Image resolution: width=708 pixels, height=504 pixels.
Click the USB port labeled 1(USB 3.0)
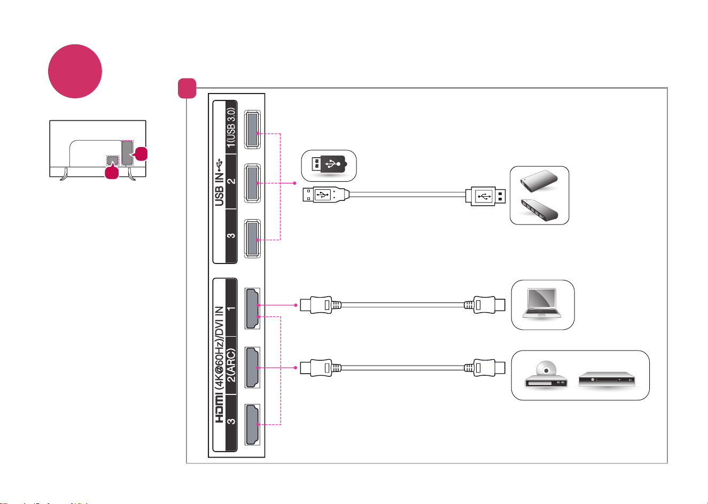[252, 129]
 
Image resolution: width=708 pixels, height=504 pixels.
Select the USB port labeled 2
[252, 183]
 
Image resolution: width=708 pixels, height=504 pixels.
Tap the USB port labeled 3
[252, 238]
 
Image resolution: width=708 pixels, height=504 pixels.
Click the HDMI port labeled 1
[252, 308]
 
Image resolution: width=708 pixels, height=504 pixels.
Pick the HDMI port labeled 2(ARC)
[252, 367]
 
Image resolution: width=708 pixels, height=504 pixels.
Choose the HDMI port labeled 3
[252, 425]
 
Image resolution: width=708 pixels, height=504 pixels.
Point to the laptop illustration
[542, 304]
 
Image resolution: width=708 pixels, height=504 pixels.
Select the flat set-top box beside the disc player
[607, 379]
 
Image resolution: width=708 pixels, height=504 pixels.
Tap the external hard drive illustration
[539, 181]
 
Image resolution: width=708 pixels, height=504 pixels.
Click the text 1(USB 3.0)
[231, 127]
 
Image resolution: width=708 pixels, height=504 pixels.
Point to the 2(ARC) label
[231, 365]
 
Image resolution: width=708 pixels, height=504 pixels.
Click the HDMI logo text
[219, 409]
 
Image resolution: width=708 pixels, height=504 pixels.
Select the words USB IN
[219, 189]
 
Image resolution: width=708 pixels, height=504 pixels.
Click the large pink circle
[75, 71]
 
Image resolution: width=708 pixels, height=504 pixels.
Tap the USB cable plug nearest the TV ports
[326, 195]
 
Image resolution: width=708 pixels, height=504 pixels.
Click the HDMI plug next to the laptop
[485, 305]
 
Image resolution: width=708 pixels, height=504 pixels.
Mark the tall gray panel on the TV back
[127, 153]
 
